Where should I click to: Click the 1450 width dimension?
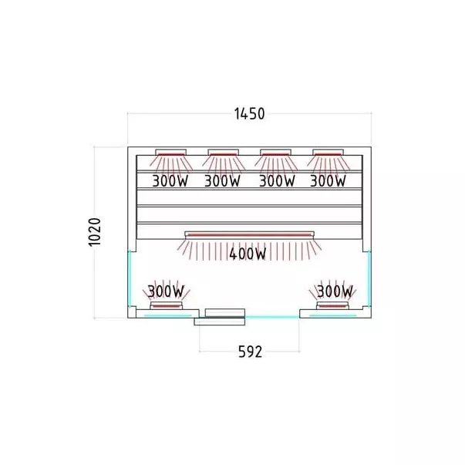pos(249,114)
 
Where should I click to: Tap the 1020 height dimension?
pos(95,232)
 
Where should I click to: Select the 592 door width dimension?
pos(251,352)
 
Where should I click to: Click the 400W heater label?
pos(248,254)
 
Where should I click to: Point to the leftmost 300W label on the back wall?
pos(170,181)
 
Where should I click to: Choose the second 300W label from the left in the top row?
pos(222,181)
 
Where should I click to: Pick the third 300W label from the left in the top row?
pos(278,181)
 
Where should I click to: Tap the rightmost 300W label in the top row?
pos(328,181)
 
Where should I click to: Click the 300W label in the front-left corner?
pos(166,291)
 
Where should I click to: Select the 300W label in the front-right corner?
pos(335,291)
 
